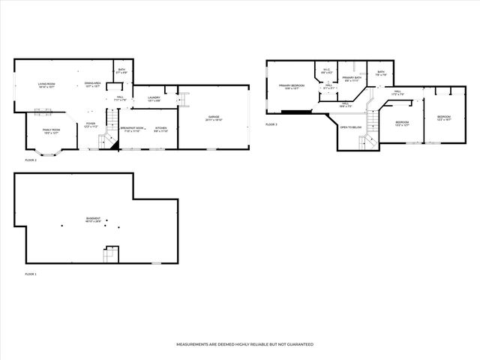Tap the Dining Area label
[93, 84]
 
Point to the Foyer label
[90, 124]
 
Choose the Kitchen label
[161, 129]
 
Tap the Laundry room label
[155, 98]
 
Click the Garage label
[214, 118]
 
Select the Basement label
[94, 219]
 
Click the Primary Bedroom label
[291, 86]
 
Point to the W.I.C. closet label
[326, 70]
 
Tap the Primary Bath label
[352, 78]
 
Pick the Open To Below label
[351, 127]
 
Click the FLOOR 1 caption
[30, 274]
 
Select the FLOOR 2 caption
[30, 160]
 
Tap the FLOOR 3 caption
[271, 124]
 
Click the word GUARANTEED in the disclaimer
[298, 344]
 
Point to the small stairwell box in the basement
[110, 255]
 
